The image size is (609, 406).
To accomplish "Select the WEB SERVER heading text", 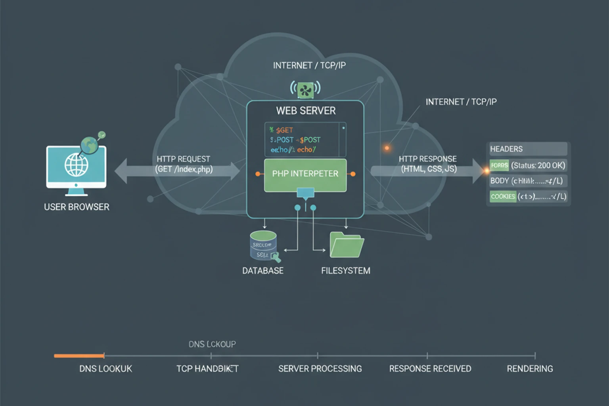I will click(306, 111).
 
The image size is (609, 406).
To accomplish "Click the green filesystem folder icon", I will click(347, 245).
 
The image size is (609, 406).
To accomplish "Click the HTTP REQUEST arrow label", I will click(184, 164).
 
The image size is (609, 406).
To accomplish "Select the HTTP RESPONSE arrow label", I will click(428, 164).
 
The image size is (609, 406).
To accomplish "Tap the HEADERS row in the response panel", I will click(527, 149).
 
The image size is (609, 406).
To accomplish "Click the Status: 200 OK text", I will click(538, 165).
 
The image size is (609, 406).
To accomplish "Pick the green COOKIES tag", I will click(503, 196).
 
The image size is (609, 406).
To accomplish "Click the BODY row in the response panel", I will click(527, 181).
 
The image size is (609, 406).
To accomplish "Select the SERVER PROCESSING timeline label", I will click(320, 369).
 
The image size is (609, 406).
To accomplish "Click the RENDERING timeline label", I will click(530, 369).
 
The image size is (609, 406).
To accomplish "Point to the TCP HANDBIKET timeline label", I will click(207, 369).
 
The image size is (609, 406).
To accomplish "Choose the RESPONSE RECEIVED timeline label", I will click(430, 369).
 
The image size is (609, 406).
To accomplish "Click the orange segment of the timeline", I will click(79, 356).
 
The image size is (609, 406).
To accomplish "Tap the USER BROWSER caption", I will click(77, 207).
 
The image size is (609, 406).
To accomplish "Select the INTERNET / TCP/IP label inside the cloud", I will click(309, 65).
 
